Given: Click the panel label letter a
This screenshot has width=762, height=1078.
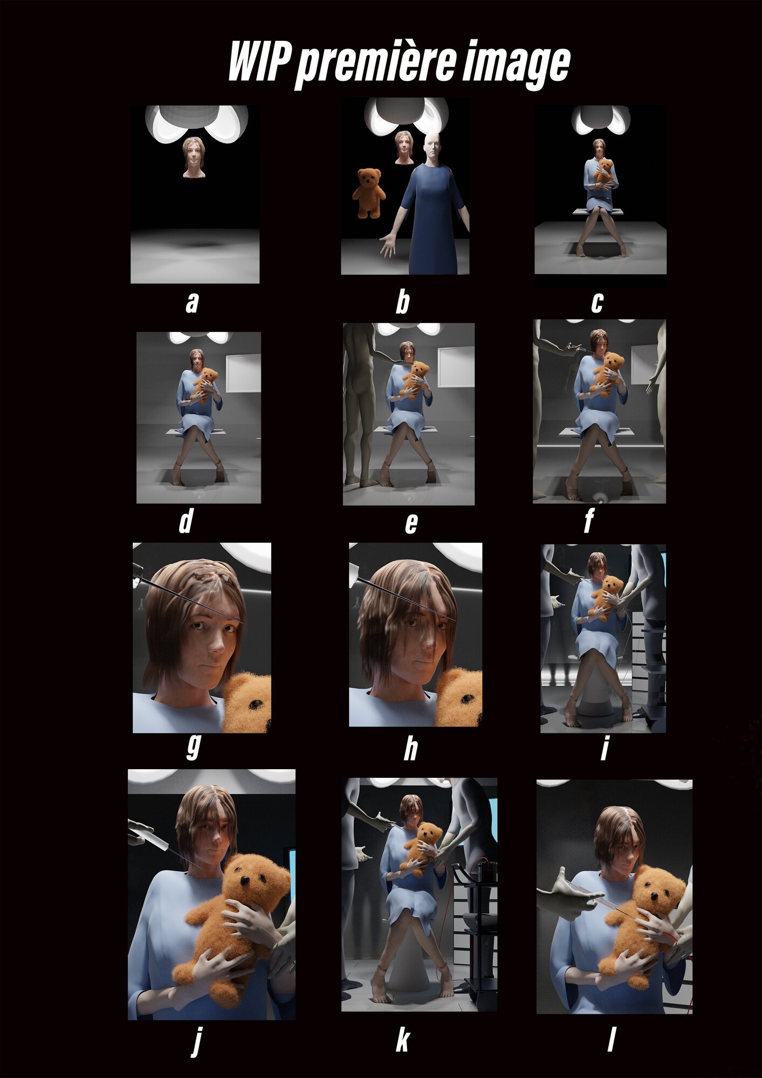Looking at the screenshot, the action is pos(192,302).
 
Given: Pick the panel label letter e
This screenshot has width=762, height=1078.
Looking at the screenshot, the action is pos(411,523).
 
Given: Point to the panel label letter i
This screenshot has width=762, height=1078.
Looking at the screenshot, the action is pos(605,749).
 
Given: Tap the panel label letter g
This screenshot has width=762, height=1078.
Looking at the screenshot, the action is pos(193,748).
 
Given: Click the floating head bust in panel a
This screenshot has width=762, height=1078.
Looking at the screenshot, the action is pos(193,157).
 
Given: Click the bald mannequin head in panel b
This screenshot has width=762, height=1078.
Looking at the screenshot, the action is pos(432,147).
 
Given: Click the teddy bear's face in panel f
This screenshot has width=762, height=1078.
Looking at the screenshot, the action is pos(612,363).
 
